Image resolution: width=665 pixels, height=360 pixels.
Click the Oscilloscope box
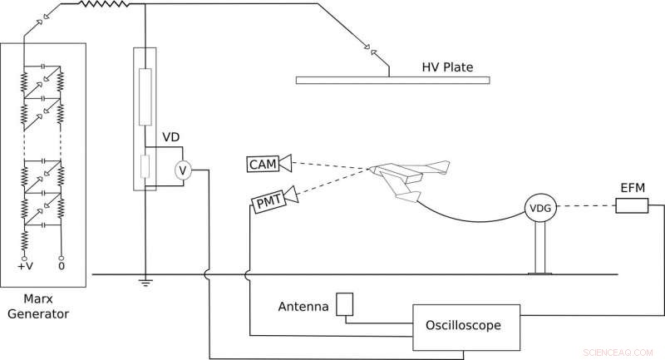[465, 325]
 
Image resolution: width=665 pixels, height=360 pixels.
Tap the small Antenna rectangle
[345, 303]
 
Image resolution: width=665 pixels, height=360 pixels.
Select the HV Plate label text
[449, 64]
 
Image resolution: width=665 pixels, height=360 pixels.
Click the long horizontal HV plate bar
[393, 80]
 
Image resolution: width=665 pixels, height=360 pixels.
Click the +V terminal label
[24, 268]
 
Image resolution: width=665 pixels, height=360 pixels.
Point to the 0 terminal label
[61, 268]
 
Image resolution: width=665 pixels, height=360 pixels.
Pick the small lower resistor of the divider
[145, 166]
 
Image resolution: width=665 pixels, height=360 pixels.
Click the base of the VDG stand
[540, 271]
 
